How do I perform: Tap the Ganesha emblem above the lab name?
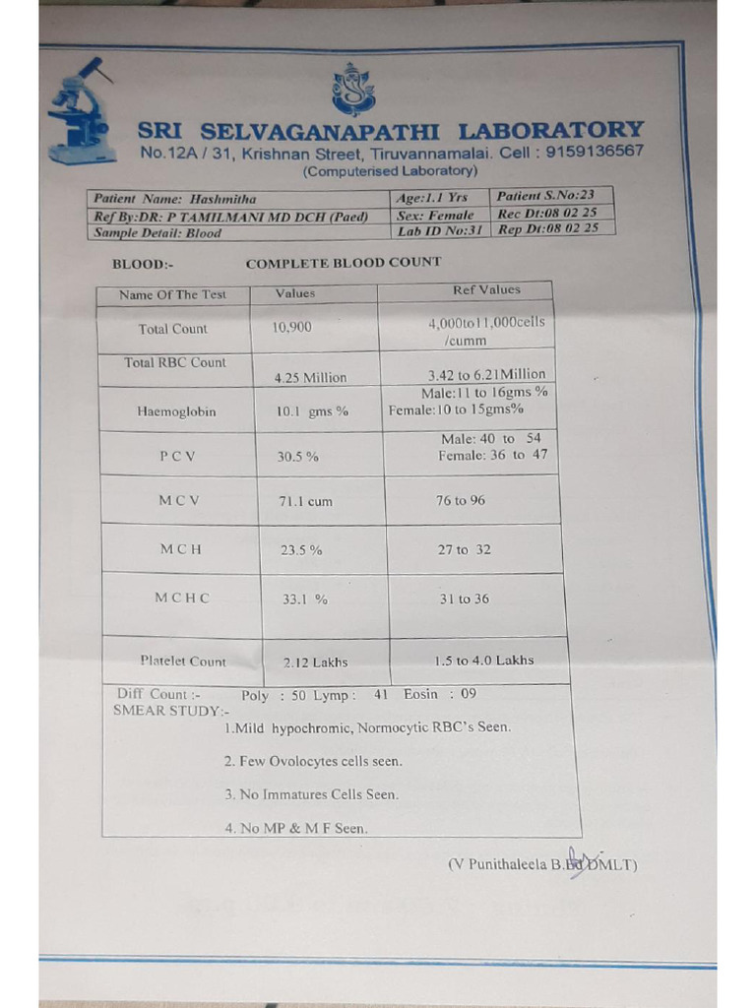coord(353,90)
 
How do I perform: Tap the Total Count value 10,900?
coord(291,327)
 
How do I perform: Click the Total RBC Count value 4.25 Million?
coord(312,377)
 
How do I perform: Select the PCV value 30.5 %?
coord(298,457)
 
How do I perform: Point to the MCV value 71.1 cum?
coord(305,501)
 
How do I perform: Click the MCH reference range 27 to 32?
coord(464,549)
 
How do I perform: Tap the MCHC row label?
coord(182,598)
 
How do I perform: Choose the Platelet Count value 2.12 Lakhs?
coord(315,661)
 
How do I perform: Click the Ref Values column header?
coord(486,289)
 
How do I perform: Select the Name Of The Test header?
coord(172,294)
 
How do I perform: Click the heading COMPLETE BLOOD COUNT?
coord(344,263)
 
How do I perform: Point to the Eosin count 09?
coord(468,694)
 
